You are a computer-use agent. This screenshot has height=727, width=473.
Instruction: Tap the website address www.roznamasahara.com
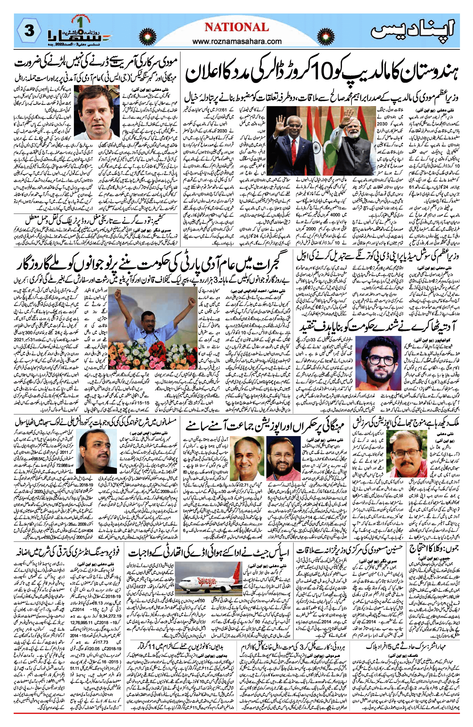tap(237, 41)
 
